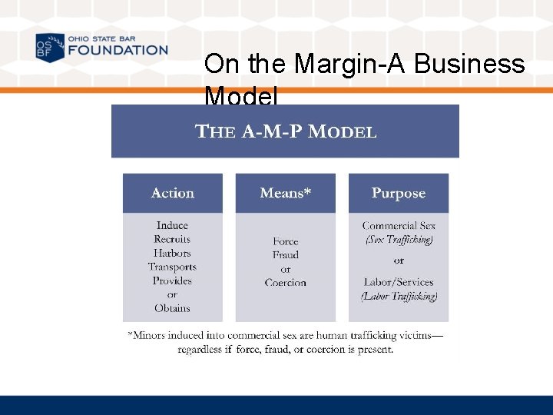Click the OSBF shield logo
[50, 48]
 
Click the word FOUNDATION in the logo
[118, 51]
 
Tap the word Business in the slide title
[469, 64]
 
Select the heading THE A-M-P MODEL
[286, 131]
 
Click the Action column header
[173, 193]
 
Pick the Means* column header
[285, 193]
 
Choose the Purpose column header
[398, 193]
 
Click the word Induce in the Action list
[172, 225]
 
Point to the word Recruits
[172, 239]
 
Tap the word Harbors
[172, 253]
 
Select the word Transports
[172, 267]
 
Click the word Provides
[172, 281]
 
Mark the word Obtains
[172, 308]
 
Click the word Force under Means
[285, 241]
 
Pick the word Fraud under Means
[285, 255]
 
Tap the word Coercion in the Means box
[285, 283]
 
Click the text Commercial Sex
[399, 226]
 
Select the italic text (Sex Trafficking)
[399, 239]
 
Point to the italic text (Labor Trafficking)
[399, 296]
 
